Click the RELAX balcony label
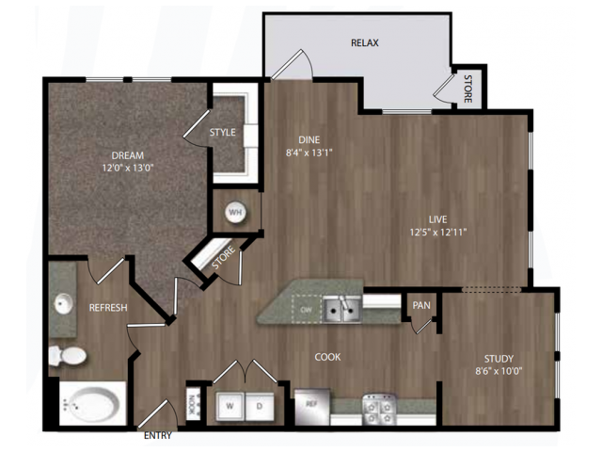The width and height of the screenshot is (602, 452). pyautogui.click(x=365, y=42)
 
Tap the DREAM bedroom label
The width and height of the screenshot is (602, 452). pyautogui.click(x=128, y=155)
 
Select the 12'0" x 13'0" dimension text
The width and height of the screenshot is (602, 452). pyautogui.click(x=128, y=168)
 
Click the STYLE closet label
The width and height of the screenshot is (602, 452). pyautogui.click(x=223, y=132)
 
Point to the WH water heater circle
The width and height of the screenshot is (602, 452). pyautogui.click(x=235, y=212)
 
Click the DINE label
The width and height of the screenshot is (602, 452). pyautogui.click(x=309, y=140)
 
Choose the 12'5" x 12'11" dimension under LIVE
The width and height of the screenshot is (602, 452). pyautogui.click(x=438, y=233)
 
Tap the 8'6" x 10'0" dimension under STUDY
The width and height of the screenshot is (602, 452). pyautogui.click(x=499, y=371)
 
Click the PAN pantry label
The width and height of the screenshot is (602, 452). pyautogui.click(x=421, y=305)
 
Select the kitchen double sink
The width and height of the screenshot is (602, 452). pyautogui.click(x=342, y=309)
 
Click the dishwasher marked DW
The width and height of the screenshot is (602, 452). pyautogui.click(x=307, y=309)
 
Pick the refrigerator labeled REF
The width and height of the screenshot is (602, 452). pyautogui.click(x=311, y=407)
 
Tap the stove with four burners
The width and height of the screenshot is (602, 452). pyautogui.click(x=380, y=410)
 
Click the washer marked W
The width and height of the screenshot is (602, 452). pyautogui.click(x=230, y=406)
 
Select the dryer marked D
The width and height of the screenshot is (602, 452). pyautogui.click(x=260, y=406)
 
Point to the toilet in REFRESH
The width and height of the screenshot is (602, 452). pyautogui.click(x=68, y=356)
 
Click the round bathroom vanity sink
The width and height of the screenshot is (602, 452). pyautogui.click(x=64, y=303)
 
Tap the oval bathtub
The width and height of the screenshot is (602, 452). pyautogui.click(x=92, y=404)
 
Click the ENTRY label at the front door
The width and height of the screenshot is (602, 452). pyautogui.click(x=158, y=435)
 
